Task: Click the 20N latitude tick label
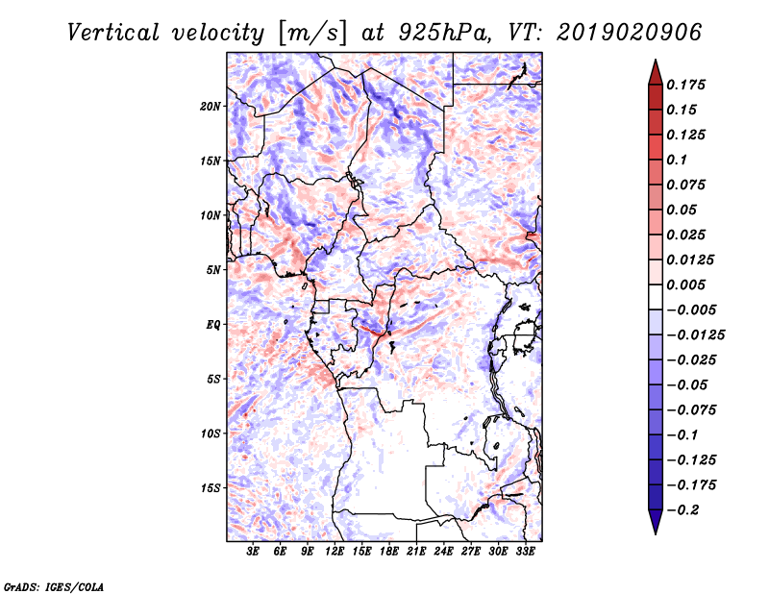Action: coord(211,106)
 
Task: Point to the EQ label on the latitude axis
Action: coord(213,325)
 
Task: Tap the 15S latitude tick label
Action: coord(211,488)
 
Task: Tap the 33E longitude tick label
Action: coord(526,553)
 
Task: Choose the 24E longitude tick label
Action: coord(444,553)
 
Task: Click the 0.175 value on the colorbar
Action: coord(688,85)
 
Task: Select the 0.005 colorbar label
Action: coord(688,285)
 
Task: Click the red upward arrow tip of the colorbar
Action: coord(654,65)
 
